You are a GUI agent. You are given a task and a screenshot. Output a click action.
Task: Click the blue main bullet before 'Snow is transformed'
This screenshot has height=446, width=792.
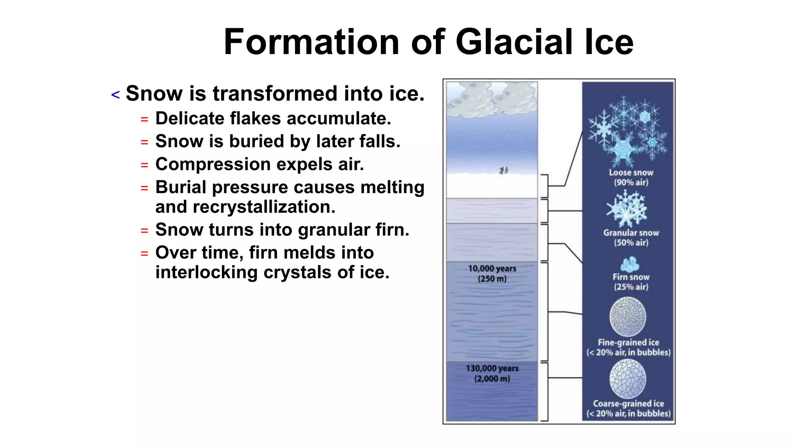[115, 95]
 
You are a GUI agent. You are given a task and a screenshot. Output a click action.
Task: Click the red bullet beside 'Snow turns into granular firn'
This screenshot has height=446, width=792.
[144, 231]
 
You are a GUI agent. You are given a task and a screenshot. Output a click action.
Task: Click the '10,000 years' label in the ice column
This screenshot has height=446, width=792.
[492, 268]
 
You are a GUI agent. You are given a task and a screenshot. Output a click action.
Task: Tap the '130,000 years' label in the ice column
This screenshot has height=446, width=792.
[492, 368]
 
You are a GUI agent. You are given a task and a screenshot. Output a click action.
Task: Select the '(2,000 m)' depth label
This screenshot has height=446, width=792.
[492, 379]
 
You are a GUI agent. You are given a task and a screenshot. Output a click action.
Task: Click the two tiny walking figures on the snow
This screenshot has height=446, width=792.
[504, 170]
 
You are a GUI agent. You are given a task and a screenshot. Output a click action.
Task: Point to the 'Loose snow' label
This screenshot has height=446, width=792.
[631, 173]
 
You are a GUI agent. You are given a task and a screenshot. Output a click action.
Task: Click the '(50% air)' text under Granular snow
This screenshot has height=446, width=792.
[631, 243]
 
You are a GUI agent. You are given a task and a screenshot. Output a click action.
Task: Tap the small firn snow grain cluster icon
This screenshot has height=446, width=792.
[630, 264]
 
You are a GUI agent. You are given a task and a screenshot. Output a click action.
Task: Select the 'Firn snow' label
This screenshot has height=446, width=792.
[631, 277]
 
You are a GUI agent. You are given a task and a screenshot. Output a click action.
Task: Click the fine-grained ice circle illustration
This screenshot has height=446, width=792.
[628, 316]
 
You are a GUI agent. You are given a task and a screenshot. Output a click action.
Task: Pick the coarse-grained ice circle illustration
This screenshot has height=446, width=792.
[628, 378]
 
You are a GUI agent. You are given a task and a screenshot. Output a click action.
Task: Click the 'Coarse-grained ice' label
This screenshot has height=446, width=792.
[628, 403]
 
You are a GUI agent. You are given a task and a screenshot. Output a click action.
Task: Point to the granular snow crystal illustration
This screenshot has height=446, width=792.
[626, 209]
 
